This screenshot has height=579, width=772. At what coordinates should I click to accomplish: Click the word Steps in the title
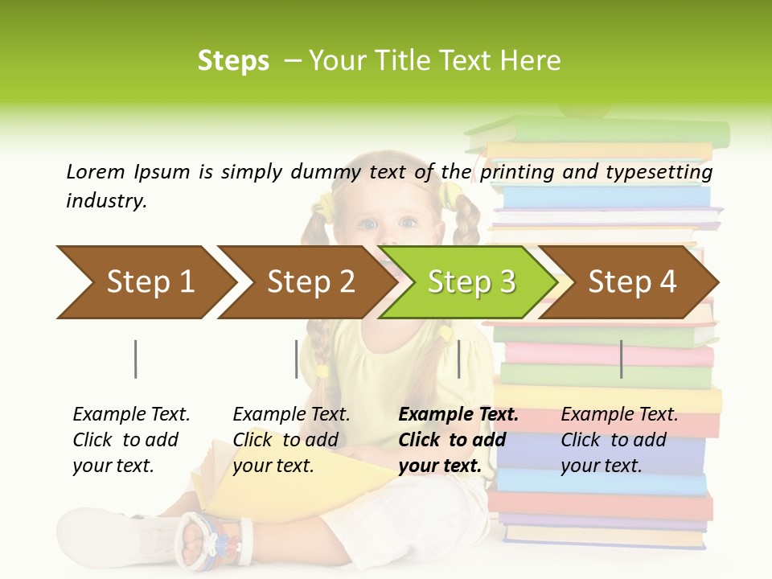233,61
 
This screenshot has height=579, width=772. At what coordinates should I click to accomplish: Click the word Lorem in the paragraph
96,171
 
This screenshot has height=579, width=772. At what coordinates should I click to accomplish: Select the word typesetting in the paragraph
659,172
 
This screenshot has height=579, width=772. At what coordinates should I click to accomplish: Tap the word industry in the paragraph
106,201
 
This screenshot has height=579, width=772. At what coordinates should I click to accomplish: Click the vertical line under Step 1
135,359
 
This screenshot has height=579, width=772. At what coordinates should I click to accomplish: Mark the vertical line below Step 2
297,359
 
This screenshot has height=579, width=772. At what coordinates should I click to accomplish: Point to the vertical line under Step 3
458,359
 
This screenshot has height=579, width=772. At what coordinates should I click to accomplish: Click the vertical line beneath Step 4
621,359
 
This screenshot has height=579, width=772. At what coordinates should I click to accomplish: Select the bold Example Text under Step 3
458,415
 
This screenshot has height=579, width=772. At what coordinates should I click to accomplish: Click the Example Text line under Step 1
131,415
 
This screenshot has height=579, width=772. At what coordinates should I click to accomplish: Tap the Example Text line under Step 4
619,415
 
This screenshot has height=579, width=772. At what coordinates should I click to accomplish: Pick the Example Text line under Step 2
291,415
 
